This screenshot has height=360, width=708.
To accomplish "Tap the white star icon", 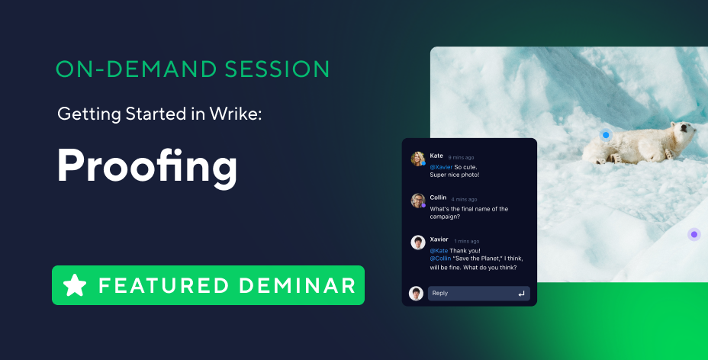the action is (x=75, y=285).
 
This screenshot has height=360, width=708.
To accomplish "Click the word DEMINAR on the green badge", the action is (x=297, y=285).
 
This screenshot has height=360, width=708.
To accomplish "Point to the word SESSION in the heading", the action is (x=277, y=69).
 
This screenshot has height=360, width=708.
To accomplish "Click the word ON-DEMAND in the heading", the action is (x=137, y=69).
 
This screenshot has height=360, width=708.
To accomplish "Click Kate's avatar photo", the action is (x=418, y=159).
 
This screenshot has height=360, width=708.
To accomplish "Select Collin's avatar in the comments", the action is (x=418, y=201).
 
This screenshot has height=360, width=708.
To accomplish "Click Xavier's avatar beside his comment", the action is (x=418, y=243).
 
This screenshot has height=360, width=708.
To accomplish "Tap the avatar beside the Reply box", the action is (x=417, y=293).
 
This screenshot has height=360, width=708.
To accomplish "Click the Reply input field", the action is (x=479, y=293).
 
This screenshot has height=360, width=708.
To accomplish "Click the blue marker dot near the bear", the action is (x=606, y=135).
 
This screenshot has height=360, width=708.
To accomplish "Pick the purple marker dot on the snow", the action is (x=694, y=235).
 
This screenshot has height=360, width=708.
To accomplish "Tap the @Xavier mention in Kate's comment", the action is (x=441, y=167).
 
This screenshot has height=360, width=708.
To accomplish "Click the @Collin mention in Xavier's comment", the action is (x=440, y=259).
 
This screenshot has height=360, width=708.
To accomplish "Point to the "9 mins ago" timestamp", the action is (x=461, y=157).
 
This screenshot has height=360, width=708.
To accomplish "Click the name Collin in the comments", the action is (x=438, y=198).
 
